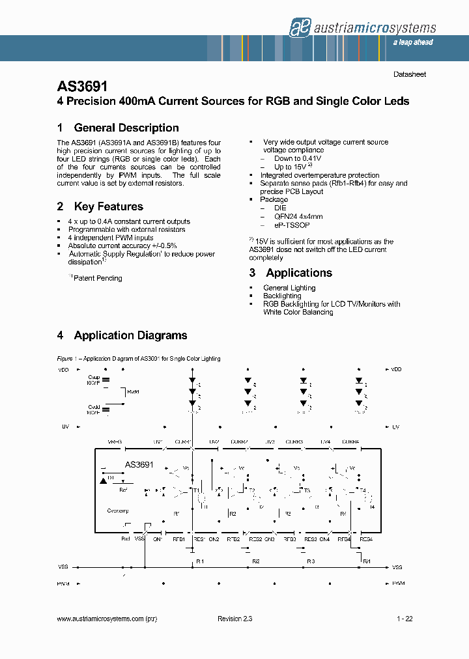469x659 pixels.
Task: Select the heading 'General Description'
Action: coord(126,128)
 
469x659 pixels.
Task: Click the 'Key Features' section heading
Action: coord(108,206)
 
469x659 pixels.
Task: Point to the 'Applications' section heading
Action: coord(299,273)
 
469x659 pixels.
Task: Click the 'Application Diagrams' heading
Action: coord(130,335)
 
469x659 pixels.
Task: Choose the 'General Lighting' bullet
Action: coord(289,288)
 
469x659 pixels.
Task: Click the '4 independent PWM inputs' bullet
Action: coord(111,238)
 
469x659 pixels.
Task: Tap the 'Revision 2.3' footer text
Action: coord(234,619)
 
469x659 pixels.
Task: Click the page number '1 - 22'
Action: coord(404,619)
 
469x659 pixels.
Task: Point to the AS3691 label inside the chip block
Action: coord(139,464)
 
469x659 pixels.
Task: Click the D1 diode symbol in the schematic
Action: coord(104,480)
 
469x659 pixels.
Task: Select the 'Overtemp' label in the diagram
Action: coord(118,511)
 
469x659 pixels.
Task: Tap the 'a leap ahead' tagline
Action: coord(412,42)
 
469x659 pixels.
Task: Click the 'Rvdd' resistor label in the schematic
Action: coord(134,392)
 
